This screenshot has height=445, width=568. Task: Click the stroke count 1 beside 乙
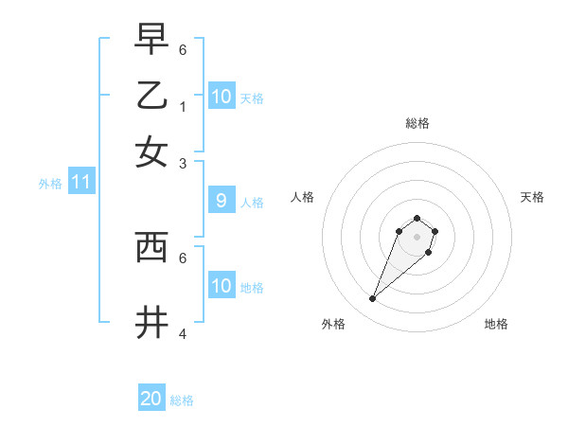[x=183, y=106]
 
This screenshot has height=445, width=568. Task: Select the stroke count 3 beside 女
[x=183, y=163]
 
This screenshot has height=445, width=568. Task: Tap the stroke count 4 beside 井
[x=183, y=334]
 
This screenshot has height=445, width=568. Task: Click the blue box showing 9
[x=221, y=201]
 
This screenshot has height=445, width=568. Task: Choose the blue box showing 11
[x=80, y=182]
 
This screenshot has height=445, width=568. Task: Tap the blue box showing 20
[x=151, y=399]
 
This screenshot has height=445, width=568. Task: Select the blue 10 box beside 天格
[x=221, y=97]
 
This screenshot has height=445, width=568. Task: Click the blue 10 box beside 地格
[x=221, y=286]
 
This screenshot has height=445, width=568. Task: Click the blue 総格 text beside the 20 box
[x=182, y=400]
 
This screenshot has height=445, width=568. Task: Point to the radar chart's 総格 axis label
[x=417, y=123]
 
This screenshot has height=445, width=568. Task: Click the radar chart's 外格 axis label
[x=333, y=324]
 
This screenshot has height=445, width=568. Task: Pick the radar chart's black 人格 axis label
[x=303, y=197]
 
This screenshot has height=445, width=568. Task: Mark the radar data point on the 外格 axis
[x=373, y=299]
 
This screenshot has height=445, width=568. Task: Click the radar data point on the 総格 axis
[x=417, y=217]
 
